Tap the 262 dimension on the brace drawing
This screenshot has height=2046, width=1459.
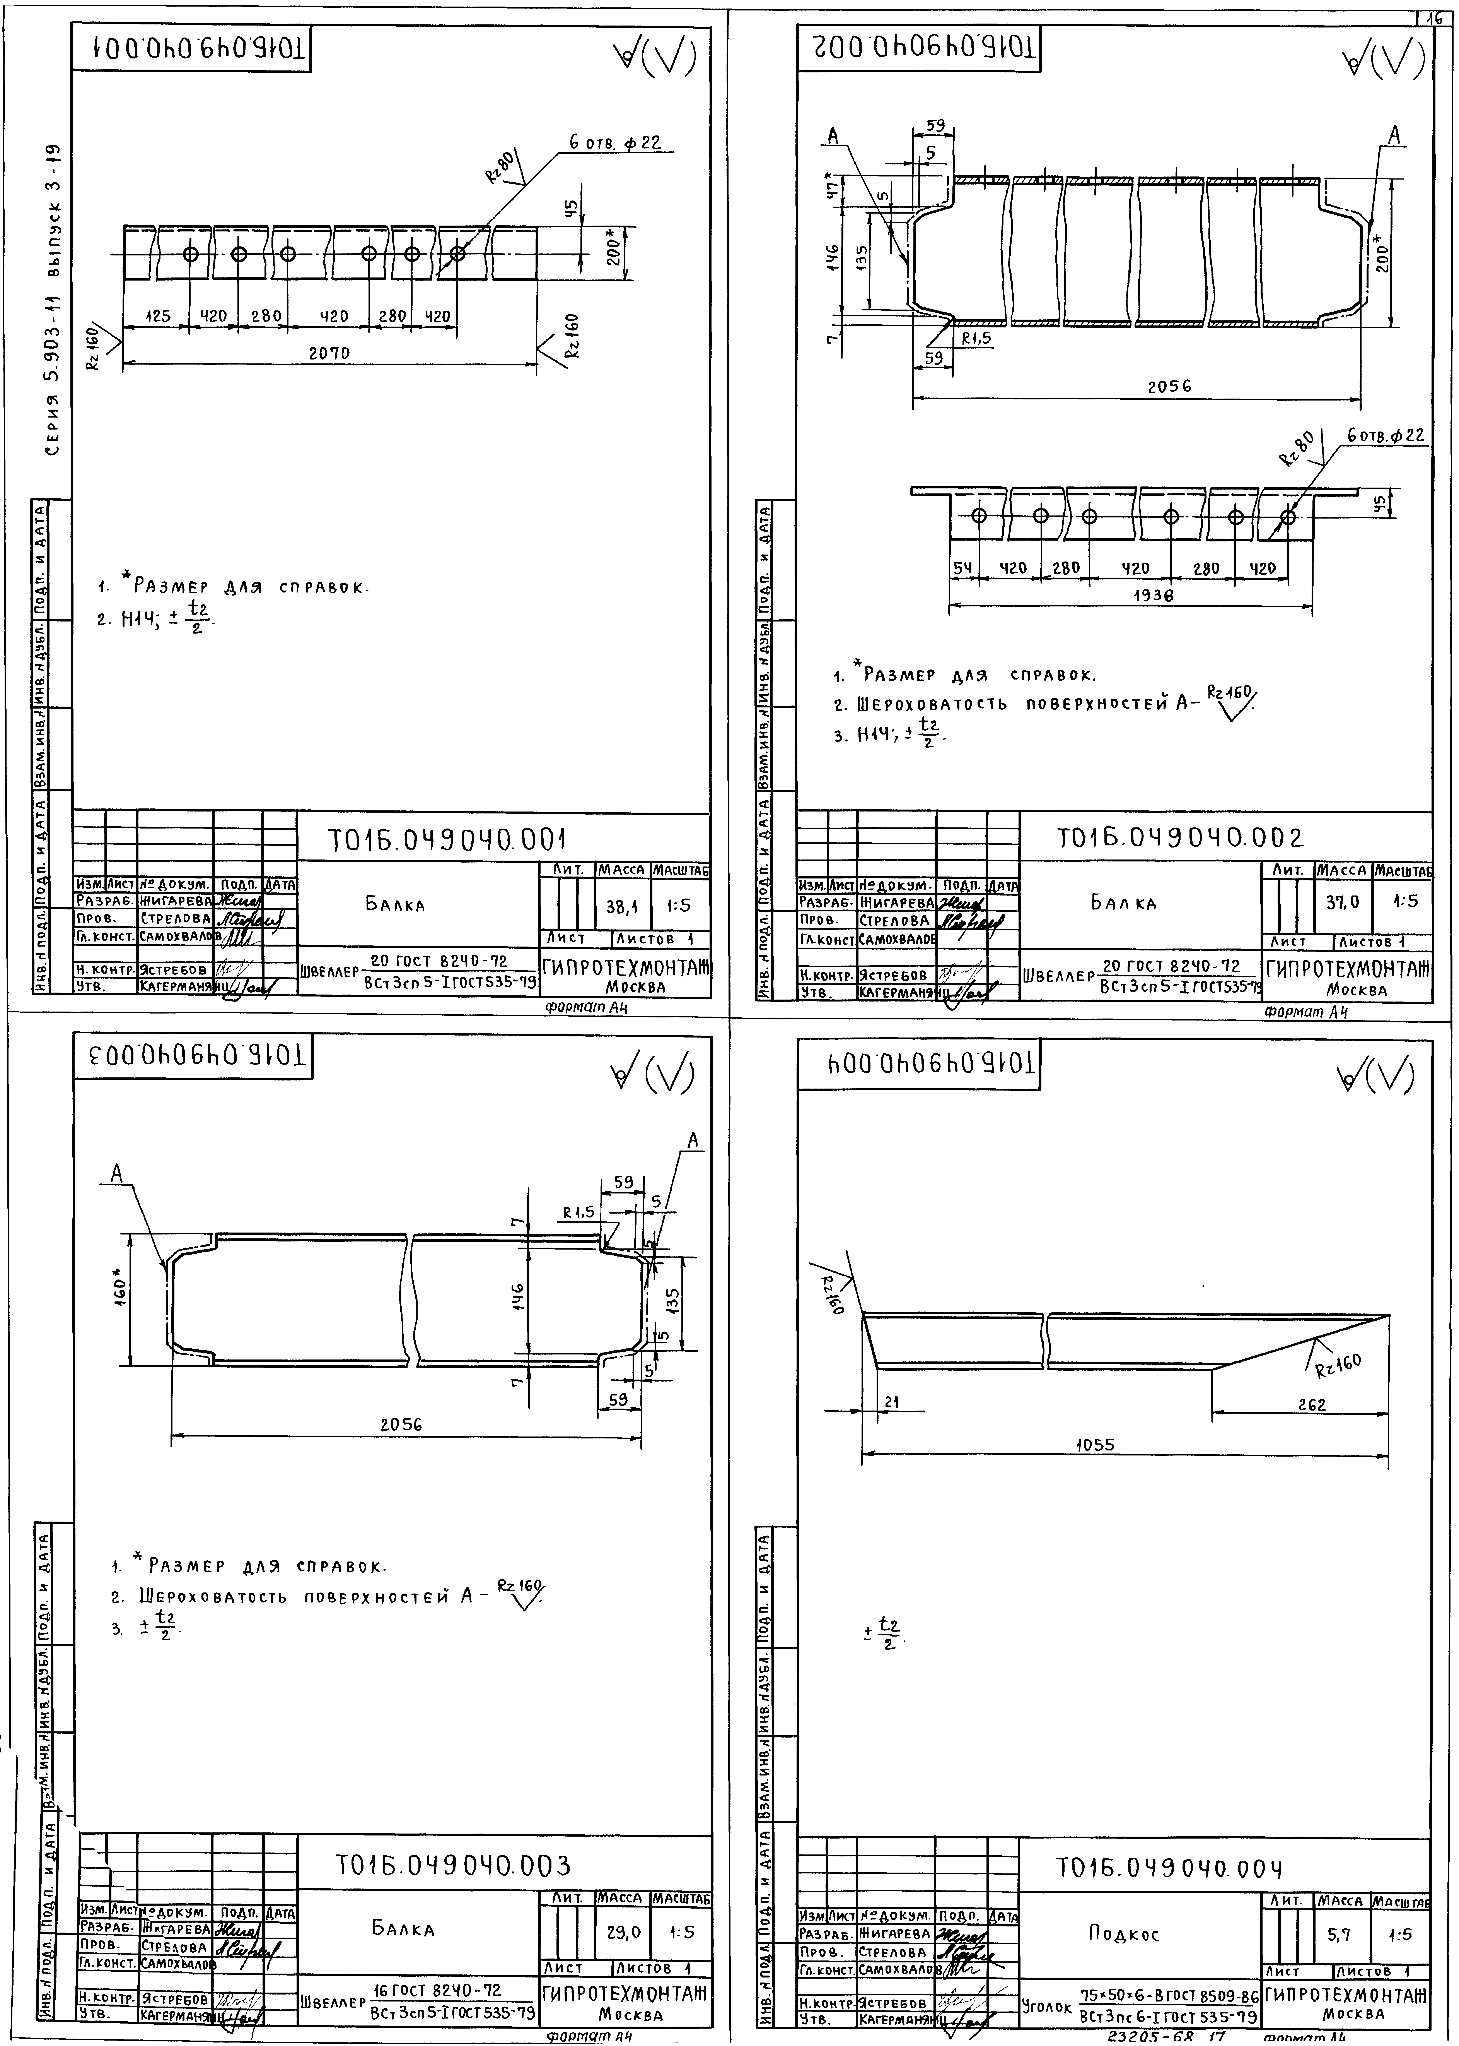click(x=1312, y=1404)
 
